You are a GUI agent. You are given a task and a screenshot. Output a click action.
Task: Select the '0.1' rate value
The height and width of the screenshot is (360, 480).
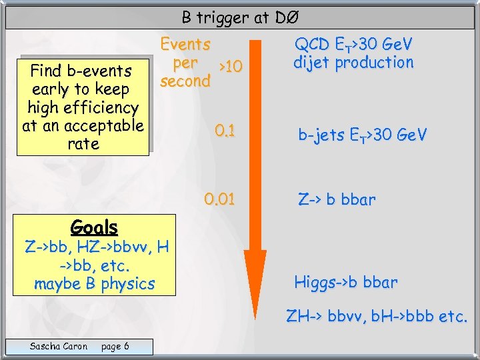click(x=225, y=130)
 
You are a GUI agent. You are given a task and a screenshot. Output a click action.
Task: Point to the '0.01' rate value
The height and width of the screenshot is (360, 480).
click(x=220, y=199)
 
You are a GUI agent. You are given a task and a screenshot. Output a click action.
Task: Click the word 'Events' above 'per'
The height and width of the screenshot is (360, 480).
click(x=185, y=45)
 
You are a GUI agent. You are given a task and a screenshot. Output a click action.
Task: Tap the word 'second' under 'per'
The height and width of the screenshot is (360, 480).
click(x=185, y=81)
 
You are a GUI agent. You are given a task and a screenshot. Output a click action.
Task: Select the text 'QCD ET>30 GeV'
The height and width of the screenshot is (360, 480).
click(x=354, y=45)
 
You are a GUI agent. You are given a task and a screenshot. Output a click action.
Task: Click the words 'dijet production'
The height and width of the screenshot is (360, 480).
click(x=354, y=63)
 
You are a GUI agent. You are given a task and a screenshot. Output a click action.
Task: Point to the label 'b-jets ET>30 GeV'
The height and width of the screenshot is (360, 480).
click(x=362, y=135)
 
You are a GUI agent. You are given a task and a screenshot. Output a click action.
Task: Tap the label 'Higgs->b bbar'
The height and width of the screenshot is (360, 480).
click(x=346, y=282)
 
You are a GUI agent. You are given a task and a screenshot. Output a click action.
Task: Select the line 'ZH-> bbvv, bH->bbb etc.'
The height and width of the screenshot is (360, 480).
click(x=377, y=316)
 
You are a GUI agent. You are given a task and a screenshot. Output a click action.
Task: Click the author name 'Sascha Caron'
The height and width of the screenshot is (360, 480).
click(x=59, y=345)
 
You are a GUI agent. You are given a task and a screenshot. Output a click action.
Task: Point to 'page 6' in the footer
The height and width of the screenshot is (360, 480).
click(x=115, y=345)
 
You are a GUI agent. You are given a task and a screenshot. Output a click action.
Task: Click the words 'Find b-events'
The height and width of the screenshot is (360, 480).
click(x=81, y=70)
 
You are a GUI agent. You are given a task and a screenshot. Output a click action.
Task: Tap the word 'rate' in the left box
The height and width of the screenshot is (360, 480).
click(x=83, y=143)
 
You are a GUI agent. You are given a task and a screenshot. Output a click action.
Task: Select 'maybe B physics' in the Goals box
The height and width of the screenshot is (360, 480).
click(x=95, y=283)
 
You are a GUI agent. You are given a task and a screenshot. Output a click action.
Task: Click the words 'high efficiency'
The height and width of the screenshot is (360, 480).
click(x=83, y=107)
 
